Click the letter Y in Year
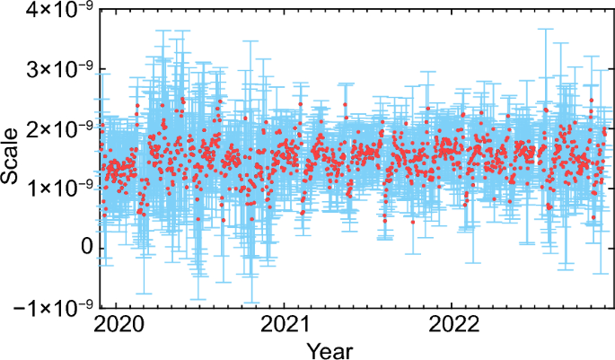[312, 348]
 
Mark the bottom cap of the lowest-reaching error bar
[251, 303]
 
